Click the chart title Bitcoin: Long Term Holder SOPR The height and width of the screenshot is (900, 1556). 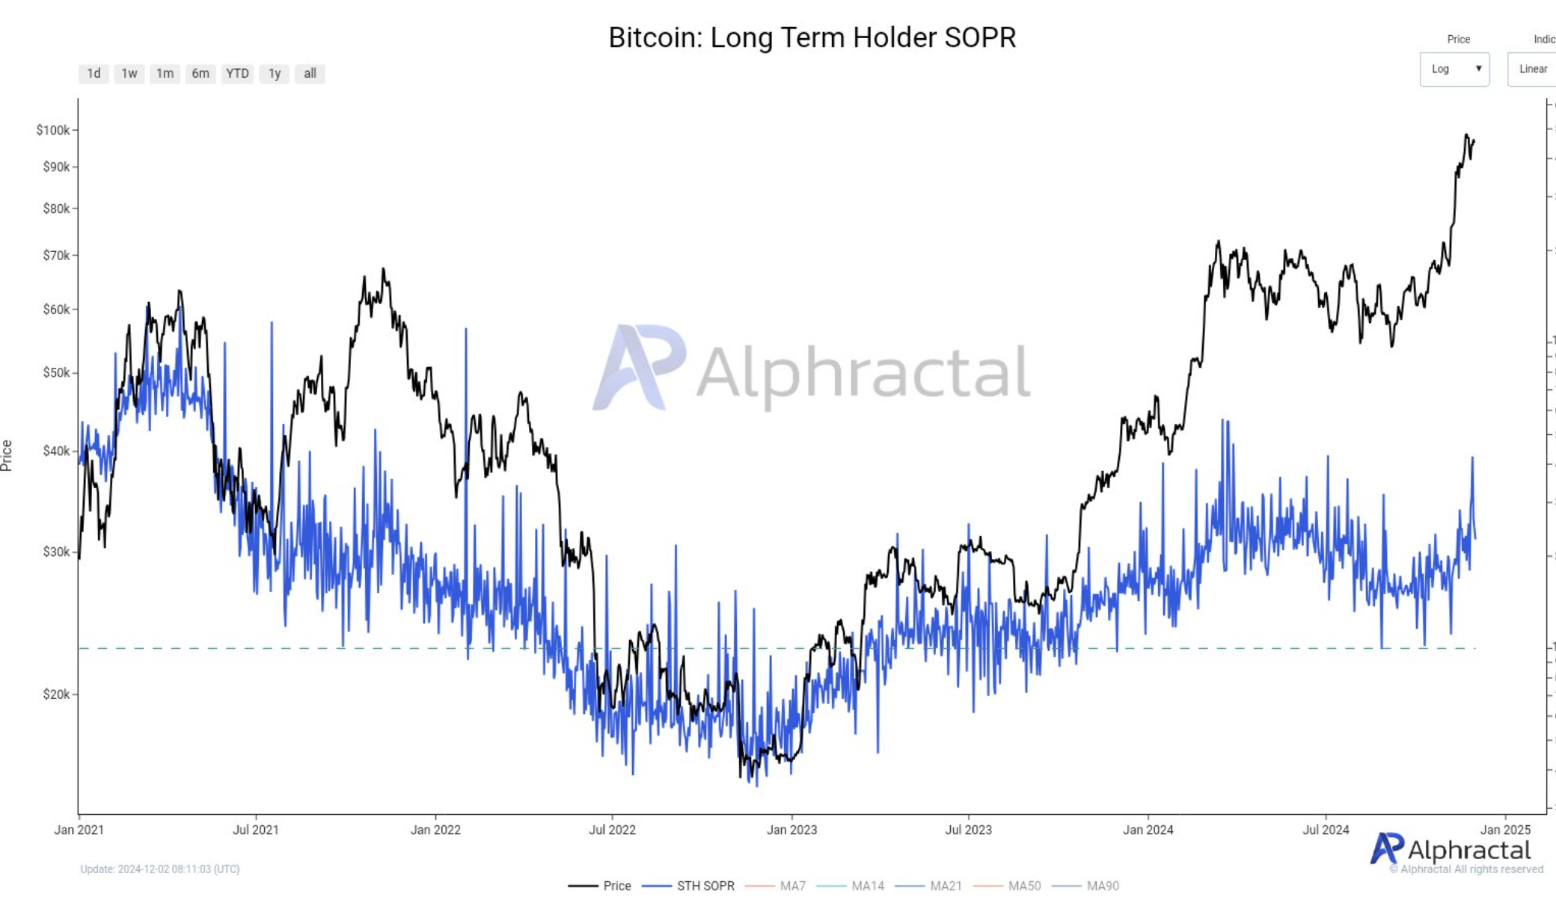point(812,37)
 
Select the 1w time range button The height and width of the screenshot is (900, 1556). point(129,73)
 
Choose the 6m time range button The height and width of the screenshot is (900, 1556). point(200,73)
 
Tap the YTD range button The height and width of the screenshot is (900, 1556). point(237,73)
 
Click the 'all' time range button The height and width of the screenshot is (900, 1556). point(310,73)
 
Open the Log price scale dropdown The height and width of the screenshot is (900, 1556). point(1454,69)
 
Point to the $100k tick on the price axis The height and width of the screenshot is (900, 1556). point(53,130)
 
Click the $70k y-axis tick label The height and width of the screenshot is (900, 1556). point(56,256)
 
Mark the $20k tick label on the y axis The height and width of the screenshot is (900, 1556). point(56,694)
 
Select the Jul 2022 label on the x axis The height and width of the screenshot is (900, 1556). point(612,830)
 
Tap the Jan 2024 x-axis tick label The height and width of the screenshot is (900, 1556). point(1148,830)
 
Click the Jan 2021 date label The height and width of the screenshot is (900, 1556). point(79,830)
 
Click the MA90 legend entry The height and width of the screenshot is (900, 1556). point(1102,886)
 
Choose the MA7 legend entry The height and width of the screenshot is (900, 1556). point(792,886)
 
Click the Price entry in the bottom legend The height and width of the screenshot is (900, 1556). point(616,886)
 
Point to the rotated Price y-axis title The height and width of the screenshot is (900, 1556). point(7,455)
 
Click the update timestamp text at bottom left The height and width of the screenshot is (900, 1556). point(160,869)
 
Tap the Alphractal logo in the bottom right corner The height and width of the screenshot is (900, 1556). point(1451,850)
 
